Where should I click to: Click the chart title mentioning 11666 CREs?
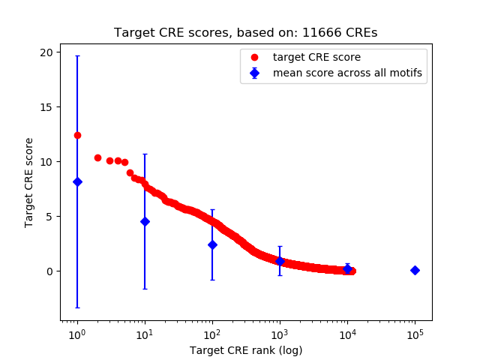(x=245, y=33)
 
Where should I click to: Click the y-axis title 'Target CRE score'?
(x=29, y=182)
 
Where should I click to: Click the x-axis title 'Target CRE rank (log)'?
(x=245, y=350)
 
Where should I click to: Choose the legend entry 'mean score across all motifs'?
(x=346, y=73)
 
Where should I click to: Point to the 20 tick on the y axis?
(x=46, y=52)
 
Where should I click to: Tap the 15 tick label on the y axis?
(x=46, y=107)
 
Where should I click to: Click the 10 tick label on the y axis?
(x=46, y=162)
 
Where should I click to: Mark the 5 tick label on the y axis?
(x=49, y=217)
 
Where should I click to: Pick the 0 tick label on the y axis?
(x=49, y=271)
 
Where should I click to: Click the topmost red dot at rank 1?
(x=77, y=135)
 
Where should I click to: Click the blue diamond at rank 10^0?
(x=77, y=181)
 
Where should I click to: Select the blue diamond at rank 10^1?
(x=145, y=221)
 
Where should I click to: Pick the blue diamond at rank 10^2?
(x=212, y=244)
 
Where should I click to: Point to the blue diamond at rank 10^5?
(x=415, y=270)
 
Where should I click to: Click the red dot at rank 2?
(x=97, y=157)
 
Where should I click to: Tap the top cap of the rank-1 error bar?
(x=77, y=56)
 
